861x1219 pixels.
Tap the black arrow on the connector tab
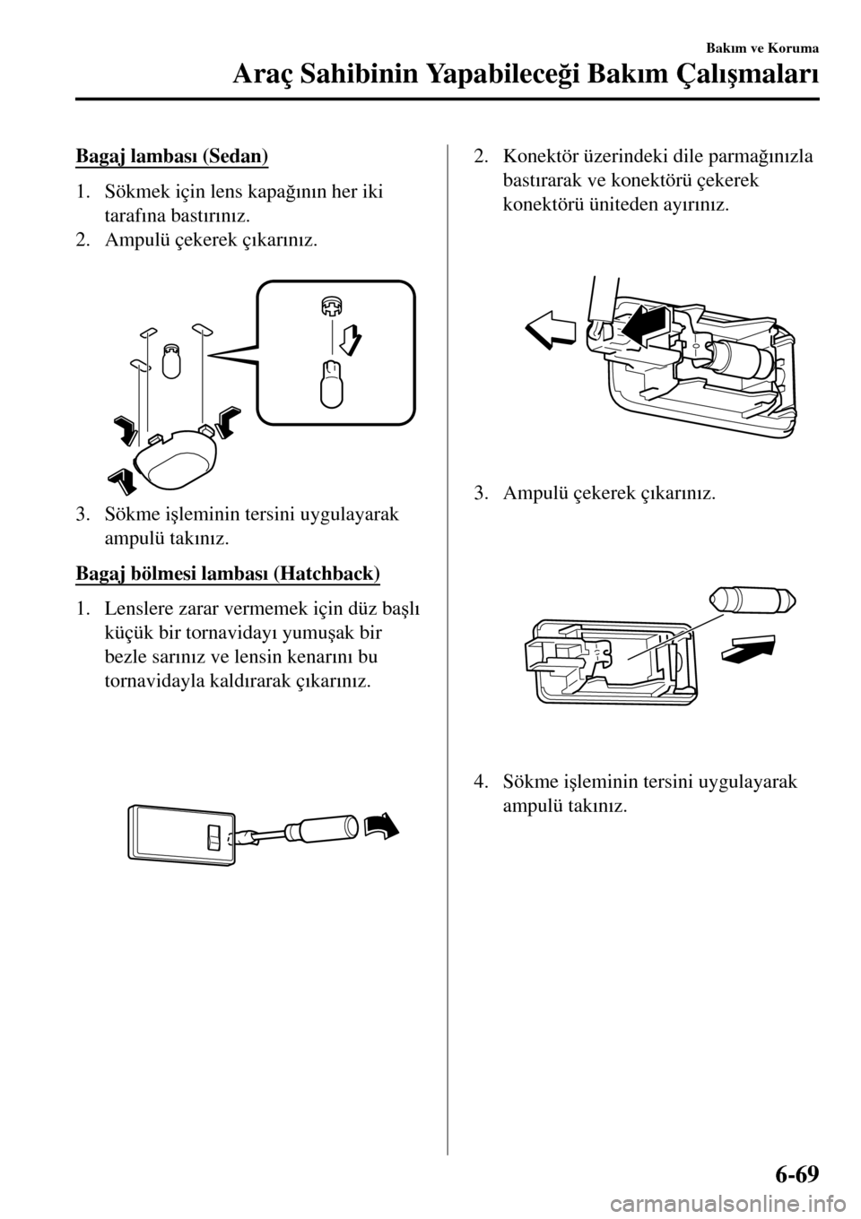646,324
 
